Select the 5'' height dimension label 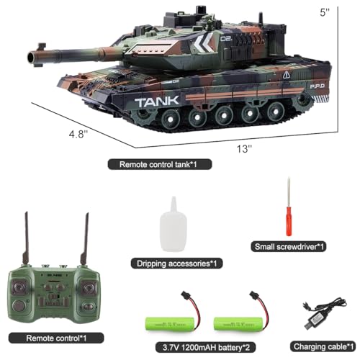click(x=347, y=12)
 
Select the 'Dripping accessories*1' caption click(x=174, y=263)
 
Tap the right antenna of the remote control click(x=86, y=240)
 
